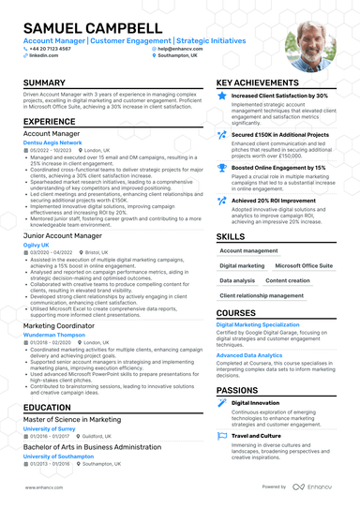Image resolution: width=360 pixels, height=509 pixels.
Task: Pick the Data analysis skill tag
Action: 237,280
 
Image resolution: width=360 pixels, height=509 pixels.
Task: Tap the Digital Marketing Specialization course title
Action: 258,324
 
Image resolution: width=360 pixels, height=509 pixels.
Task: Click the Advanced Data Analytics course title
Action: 249,355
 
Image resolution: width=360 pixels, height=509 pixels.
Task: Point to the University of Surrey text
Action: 52,427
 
